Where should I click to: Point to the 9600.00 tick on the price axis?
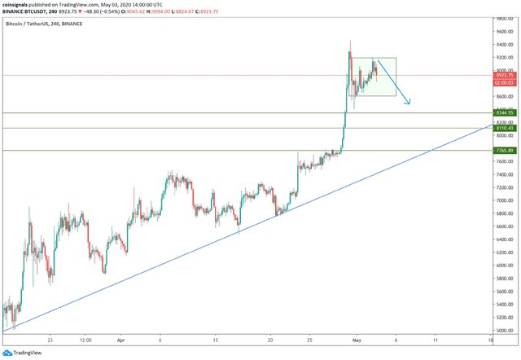coord(505,32)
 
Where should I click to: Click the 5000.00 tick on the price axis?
coord(505,331)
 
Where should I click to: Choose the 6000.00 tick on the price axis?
coord(505,266)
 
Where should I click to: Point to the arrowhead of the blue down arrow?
coord(409,103)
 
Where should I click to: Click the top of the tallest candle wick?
coord(350,41)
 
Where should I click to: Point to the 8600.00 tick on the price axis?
coord(505,96)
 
